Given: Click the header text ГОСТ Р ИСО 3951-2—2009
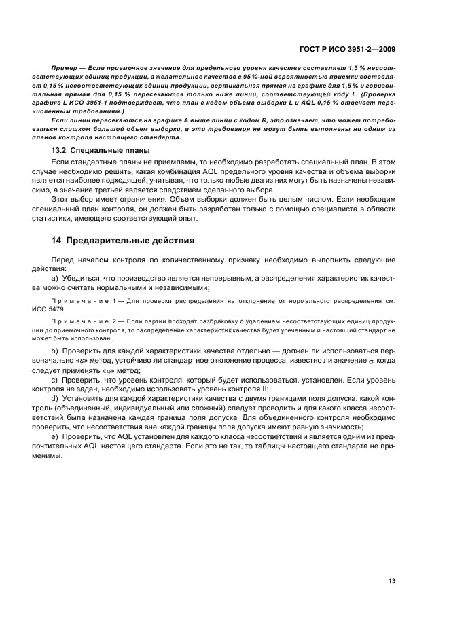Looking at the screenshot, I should [348, 49].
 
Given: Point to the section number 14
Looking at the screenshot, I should [57, 240].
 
